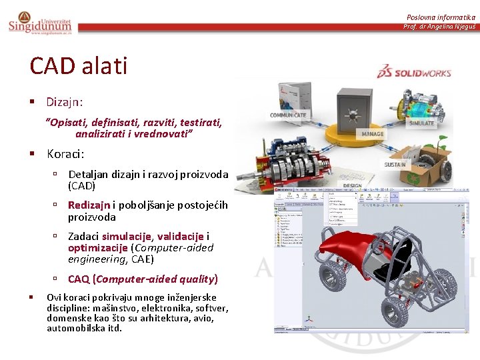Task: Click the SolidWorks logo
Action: [x=414, y=73]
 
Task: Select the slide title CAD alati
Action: [x=78, y=66]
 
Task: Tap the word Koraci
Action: [x=65, y=154]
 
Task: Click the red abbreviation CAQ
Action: [x=79, y=279]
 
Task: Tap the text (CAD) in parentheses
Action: [x=81, y=186]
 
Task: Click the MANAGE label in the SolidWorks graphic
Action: [x=372, y=134]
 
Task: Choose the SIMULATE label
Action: [x=421, y=123]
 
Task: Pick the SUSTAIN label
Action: [x=396, y=164]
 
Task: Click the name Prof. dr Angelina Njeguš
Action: [x=439, y=27]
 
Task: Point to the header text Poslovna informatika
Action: [x=441, y=17]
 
